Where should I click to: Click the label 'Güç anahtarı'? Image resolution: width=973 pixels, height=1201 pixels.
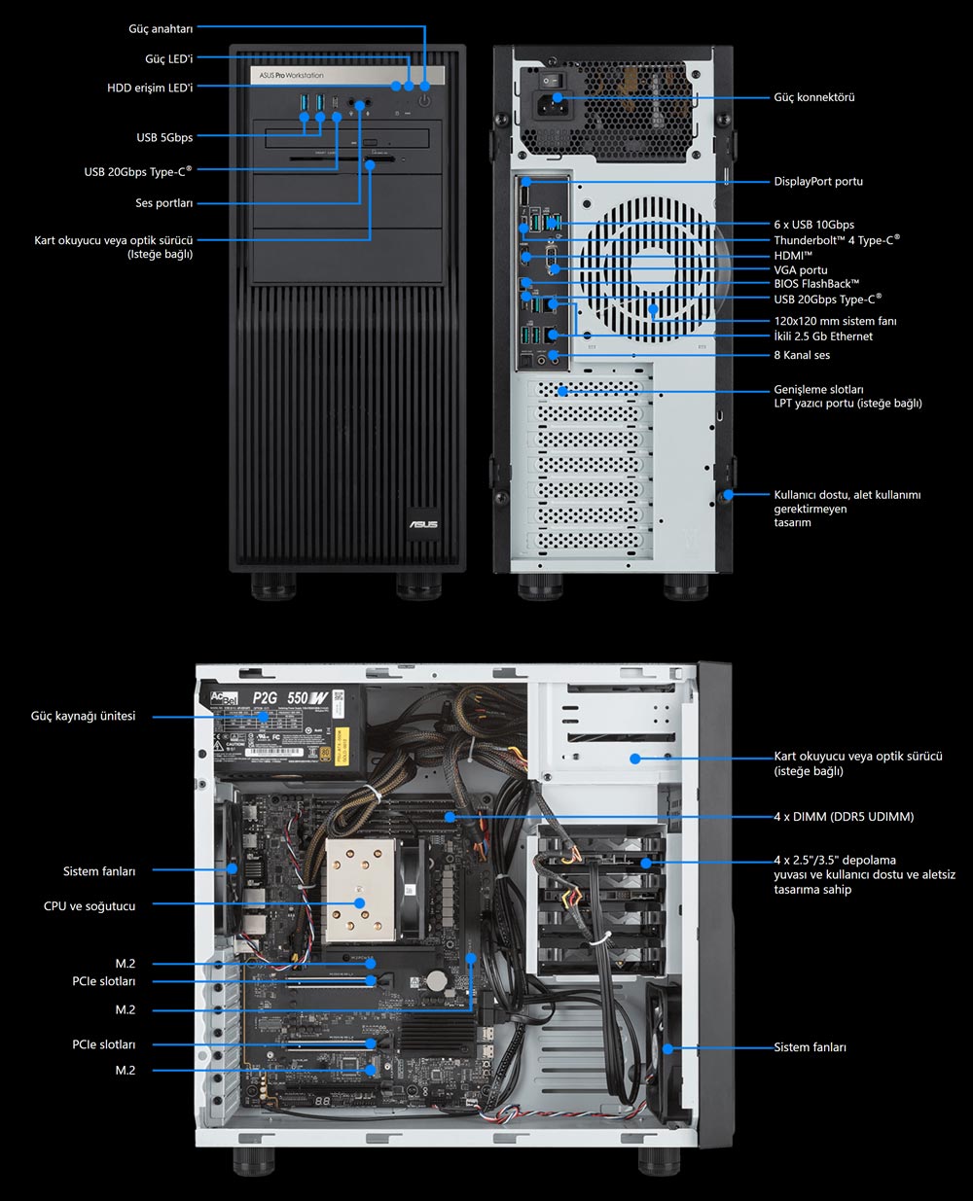point(161,29)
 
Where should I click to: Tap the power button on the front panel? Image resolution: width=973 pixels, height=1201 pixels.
point(425,99)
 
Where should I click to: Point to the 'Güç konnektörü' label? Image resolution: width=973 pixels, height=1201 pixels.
point(813,97)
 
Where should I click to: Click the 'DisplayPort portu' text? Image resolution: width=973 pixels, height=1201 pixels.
point(817,182)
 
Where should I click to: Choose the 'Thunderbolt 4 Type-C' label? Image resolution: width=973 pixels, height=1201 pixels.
point(836,240)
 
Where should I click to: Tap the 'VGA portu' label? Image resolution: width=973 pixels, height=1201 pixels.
point(800,270)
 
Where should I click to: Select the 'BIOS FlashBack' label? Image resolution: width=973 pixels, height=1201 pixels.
point(815,284)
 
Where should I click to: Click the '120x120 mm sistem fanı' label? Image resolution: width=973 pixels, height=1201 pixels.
point(835,321)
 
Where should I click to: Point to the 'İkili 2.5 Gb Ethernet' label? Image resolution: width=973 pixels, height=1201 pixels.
point(823,336)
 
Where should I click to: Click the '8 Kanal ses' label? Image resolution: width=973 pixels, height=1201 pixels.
point(802,355)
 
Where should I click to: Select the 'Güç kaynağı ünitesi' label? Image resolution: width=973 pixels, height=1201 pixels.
point(83,717)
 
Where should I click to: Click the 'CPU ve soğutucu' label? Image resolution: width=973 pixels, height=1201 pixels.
point(90,906)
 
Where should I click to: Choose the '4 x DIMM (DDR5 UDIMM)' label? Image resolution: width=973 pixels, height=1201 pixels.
point(844,817)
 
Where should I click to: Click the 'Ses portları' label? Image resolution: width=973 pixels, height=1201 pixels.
point(163,203)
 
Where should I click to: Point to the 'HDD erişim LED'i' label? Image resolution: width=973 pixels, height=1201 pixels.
point(150,88)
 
